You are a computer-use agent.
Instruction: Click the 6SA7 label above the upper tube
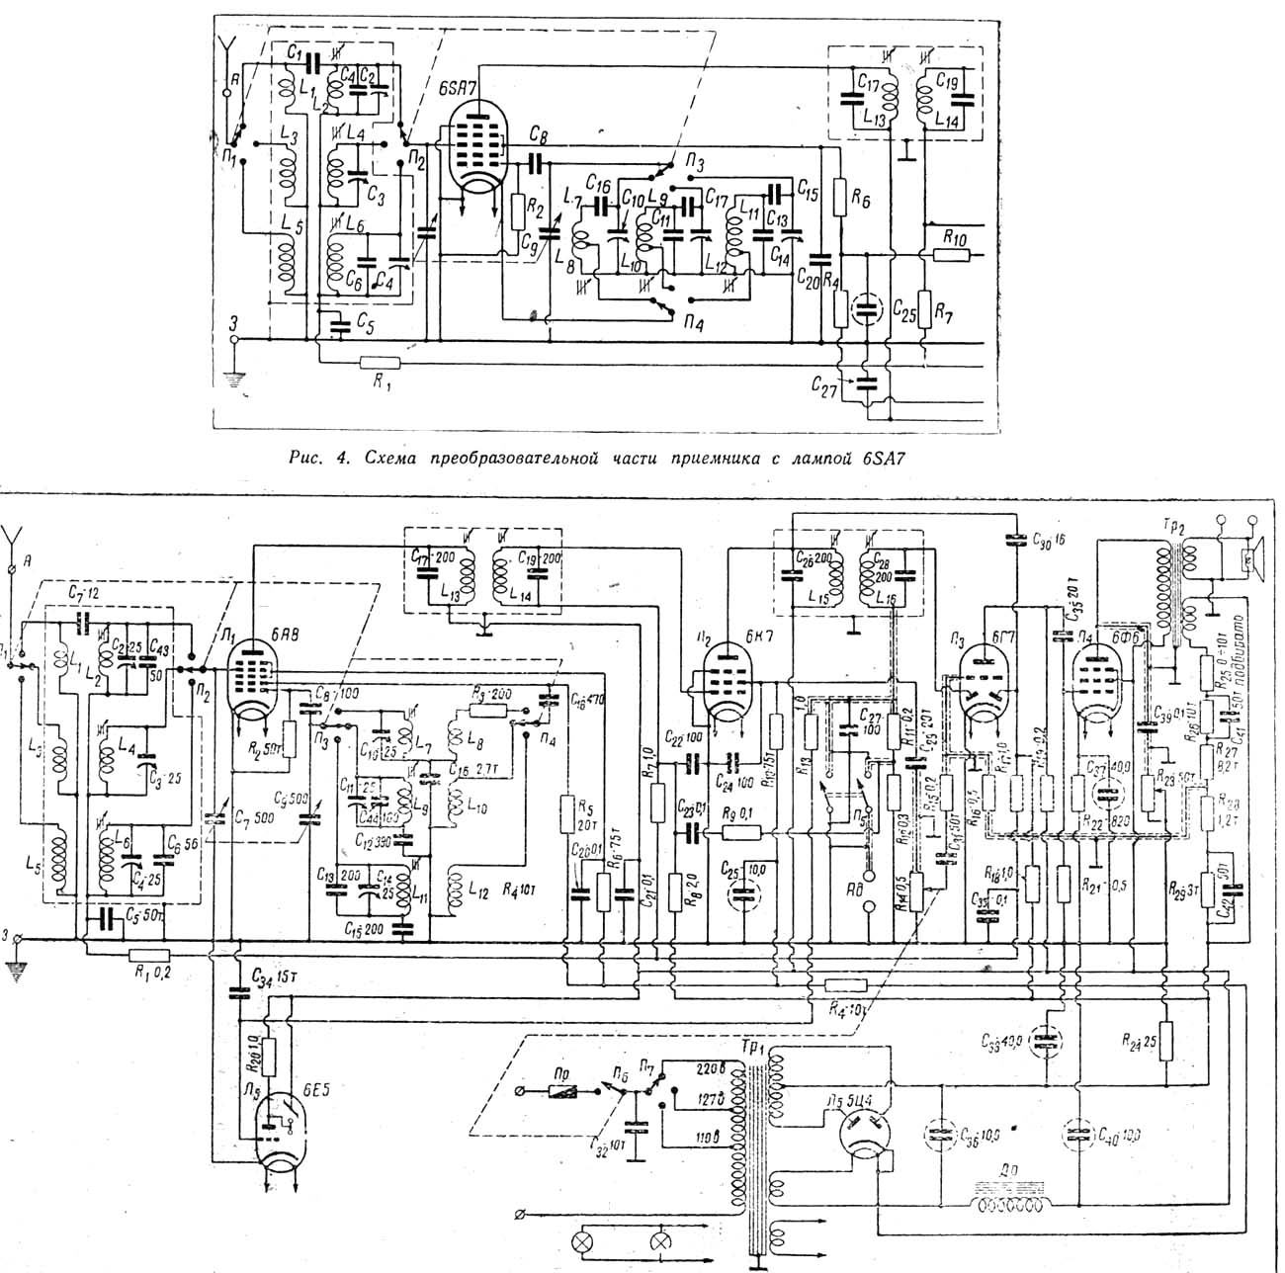(464, 88)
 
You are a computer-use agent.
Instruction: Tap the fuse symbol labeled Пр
(566, 1091)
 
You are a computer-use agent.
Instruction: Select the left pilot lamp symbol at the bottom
(587, 1242)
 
